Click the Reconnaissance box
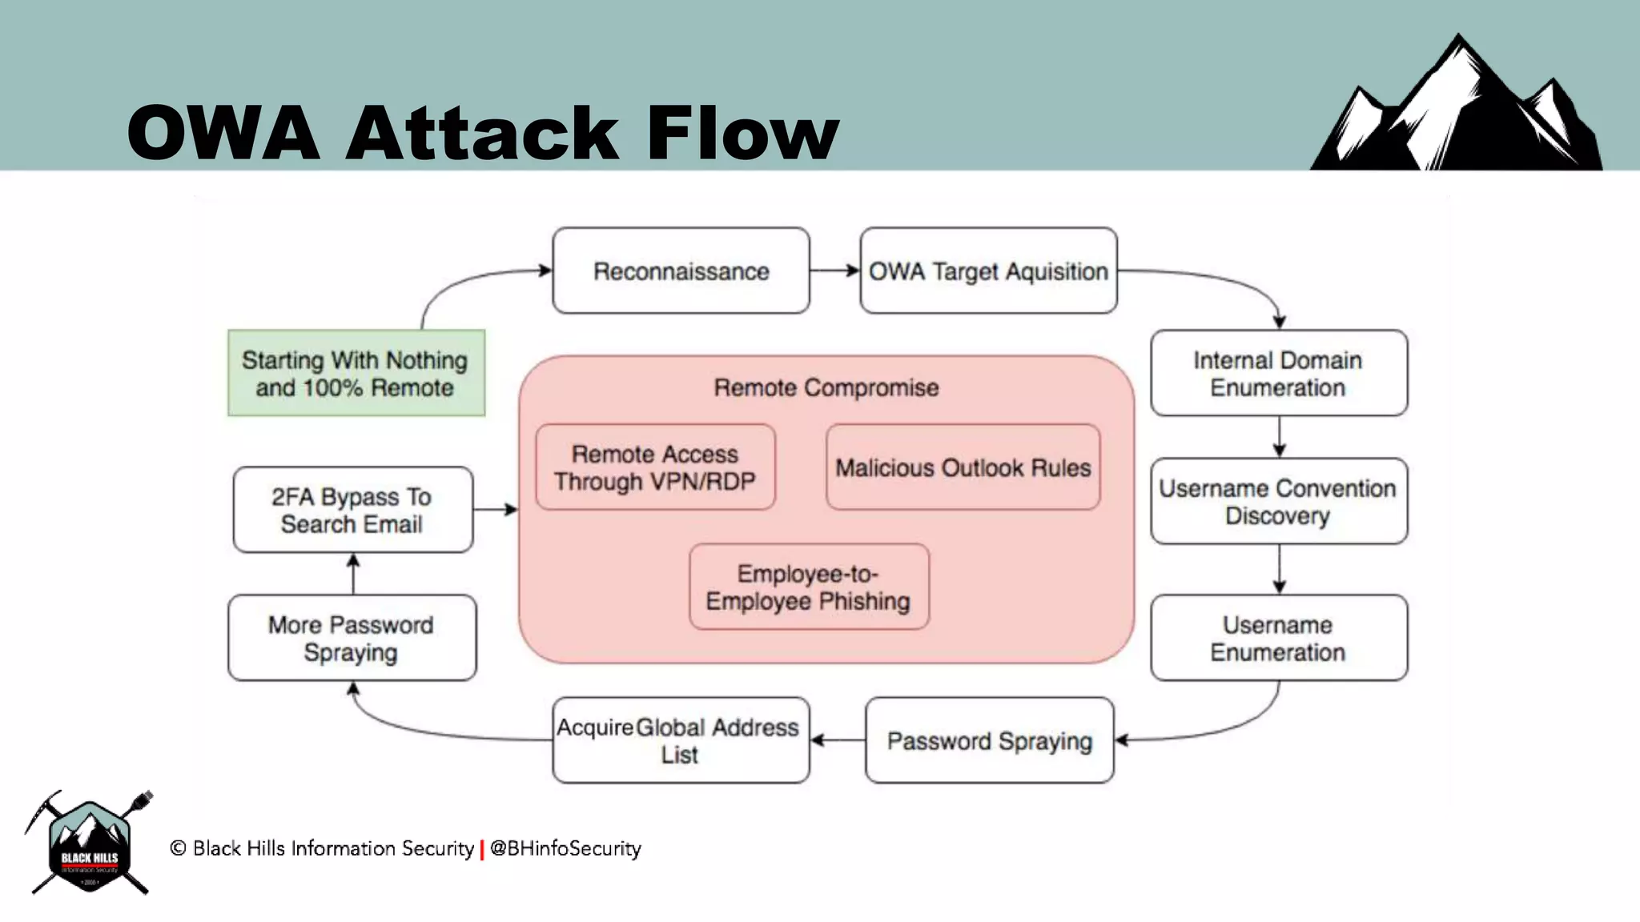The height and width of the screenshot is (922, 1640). (x=681, y=271)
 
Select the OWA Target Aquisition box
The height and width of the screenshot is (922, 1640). (x=988, y=271)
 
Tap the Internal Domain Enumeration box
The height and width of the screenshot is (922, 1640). (x=1278, y=373)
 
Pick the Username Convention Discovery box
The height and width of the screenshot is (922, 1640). (x=1278, y=501)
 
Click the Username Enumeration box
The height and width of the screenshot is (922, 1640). (x=1278, y=638)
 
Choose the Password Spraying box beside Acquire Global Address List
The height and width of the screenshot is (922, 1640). (x=989, y=740)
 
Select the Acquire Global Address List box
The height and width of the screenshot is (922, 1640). (x=681, y=740)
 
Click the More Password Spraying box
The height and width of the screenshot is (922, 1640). (x=352, y=638)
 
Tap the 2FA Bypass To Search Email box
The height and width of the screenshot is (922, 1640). (x=352, y=510)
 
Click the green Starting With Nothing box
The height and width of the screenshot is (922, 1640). (x=356, y=373)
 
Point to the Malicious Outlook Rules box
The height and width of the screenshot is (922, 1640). (x=963, y=467)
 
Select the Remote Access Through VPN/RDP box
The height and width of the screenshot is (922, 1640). (x=655, y=467)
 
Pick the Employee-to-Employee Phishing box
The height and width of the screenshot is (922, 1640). (x=809, y=587)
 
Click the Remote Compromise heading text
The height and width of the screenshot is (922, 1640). (x=826, y=387)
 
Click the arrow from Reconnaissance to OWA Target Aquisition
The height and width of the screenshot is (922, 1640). (x=834, y=271)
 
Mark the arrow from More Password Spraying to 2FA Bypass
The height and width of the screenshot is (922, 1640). (x=353, y=573)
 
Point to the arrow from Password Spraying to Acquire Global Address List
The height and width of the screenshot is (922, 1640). (x=838, y=740)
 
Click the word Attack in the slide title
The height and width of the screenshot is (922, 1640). (x=482, y=133)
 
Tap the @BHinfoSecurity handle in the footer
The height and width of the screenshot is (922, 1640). (x=565, y=848)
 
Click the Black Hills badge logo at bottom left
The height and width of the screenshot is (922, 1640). (x=89, y=844)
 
